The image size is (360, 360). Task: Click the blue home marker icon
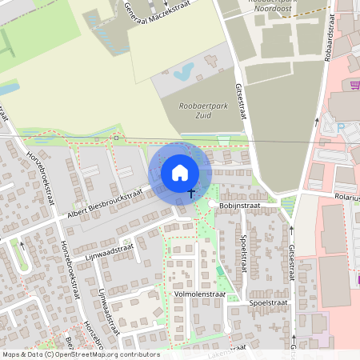pos(180,173)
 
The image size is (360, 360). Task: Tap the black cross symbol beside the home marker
pos(192,193)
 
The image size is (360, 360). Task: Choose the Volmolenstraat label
pos(199,294)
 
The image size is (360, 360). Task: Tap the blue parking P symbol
pos(342,126)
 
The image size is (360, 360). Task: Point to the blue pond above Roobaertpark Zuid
pos(182,74)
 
